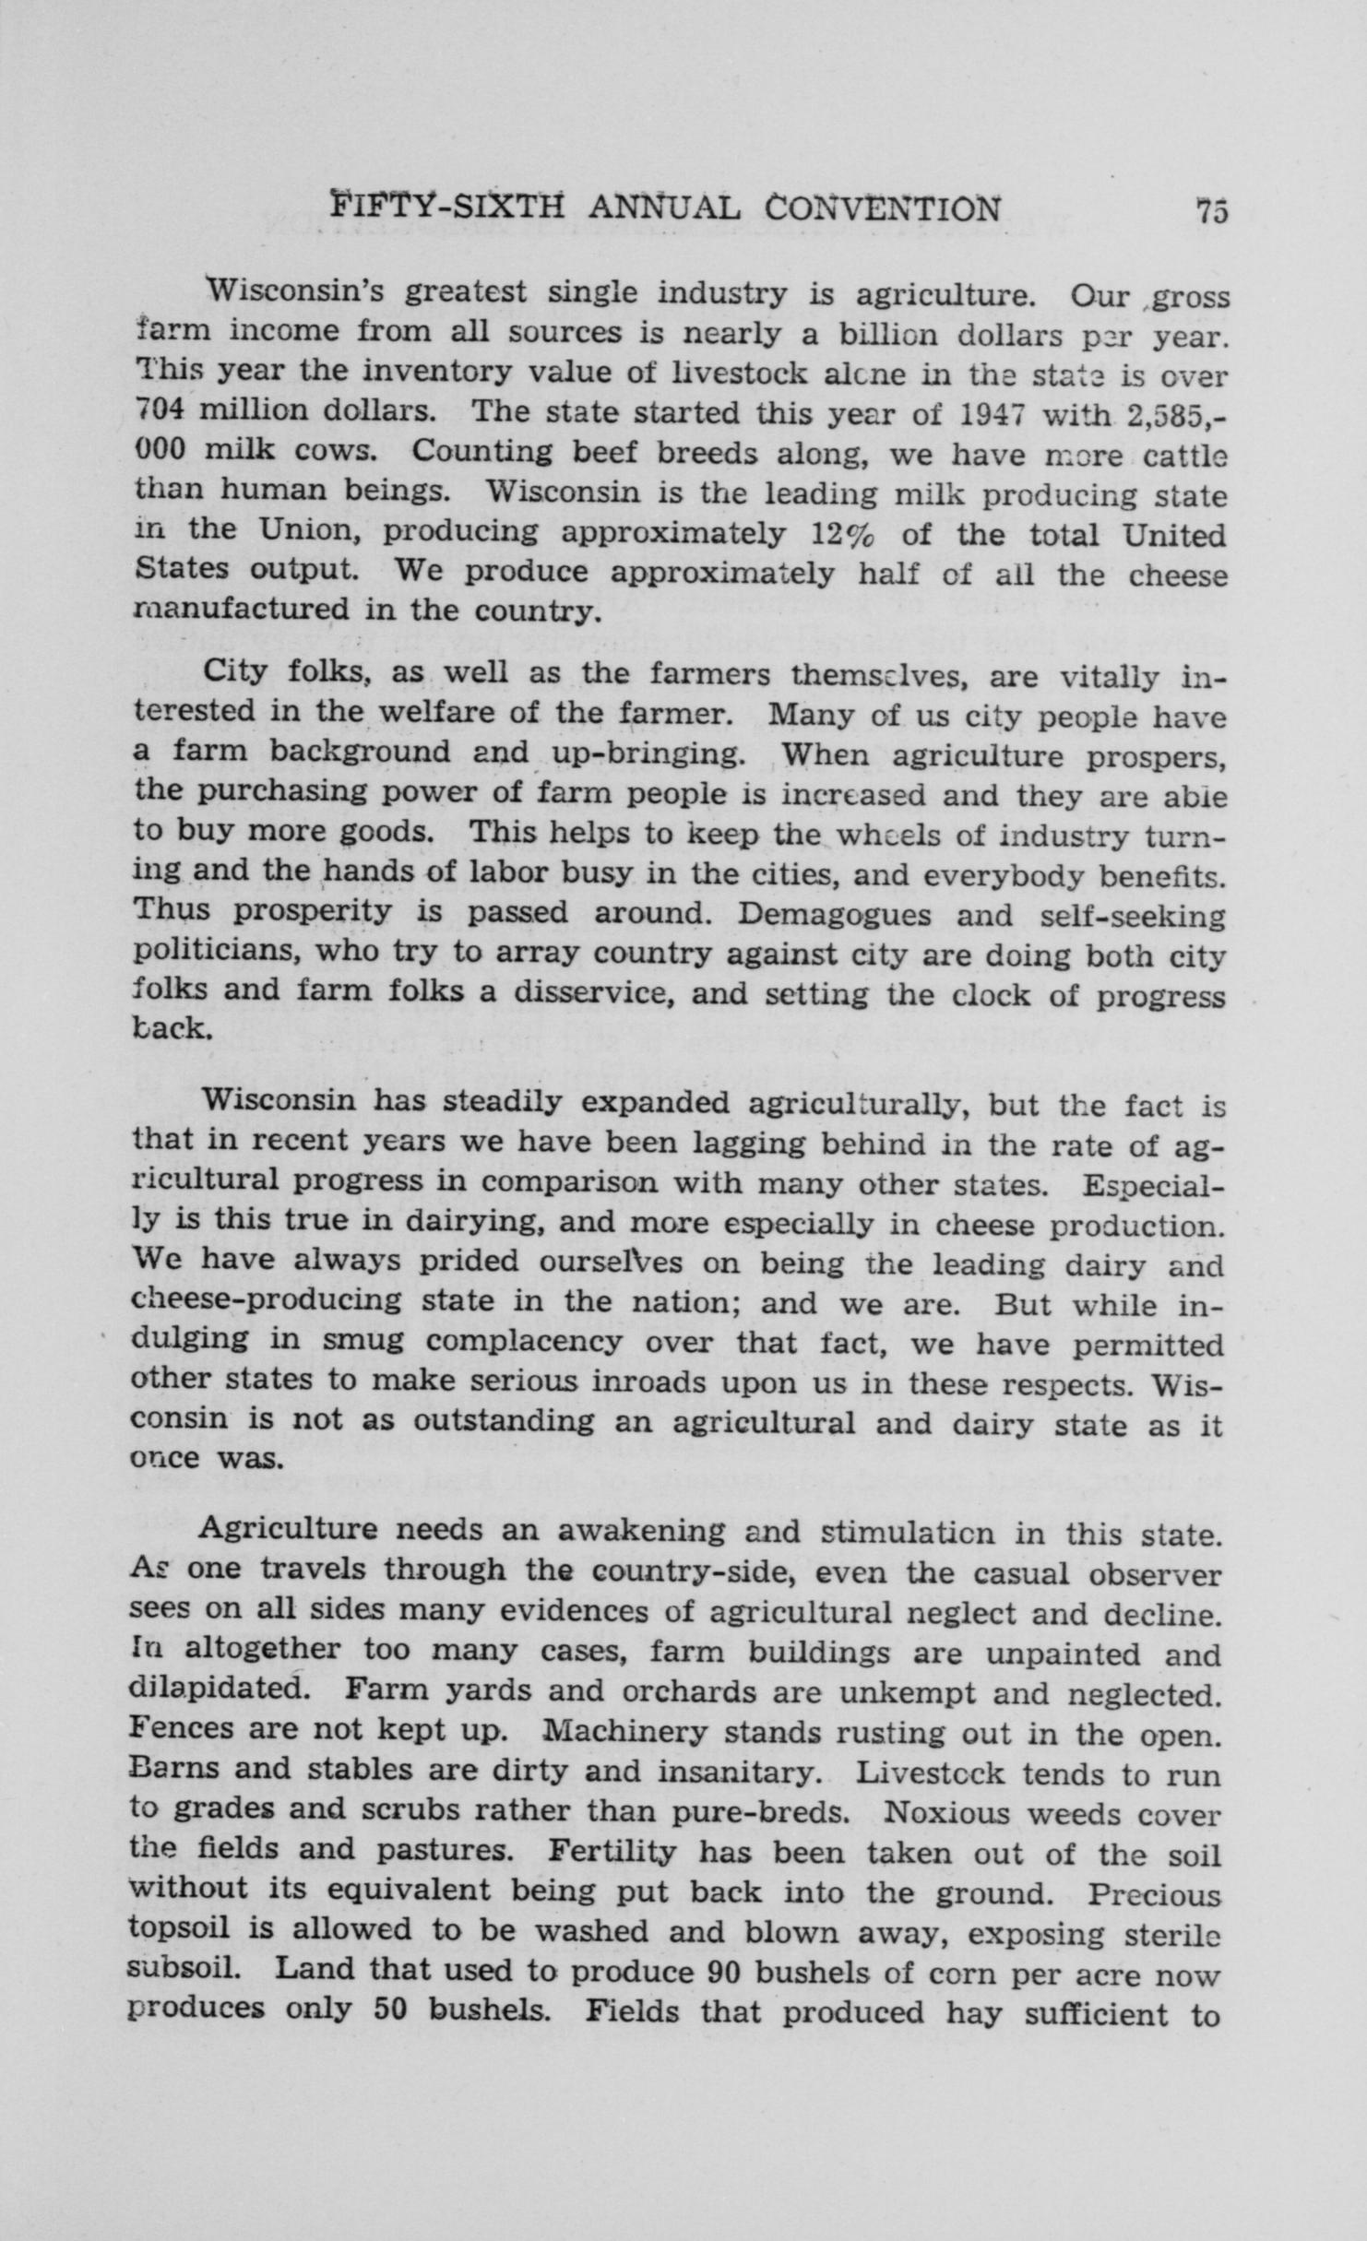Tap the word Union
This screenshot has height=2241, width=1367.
(305, 532)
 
